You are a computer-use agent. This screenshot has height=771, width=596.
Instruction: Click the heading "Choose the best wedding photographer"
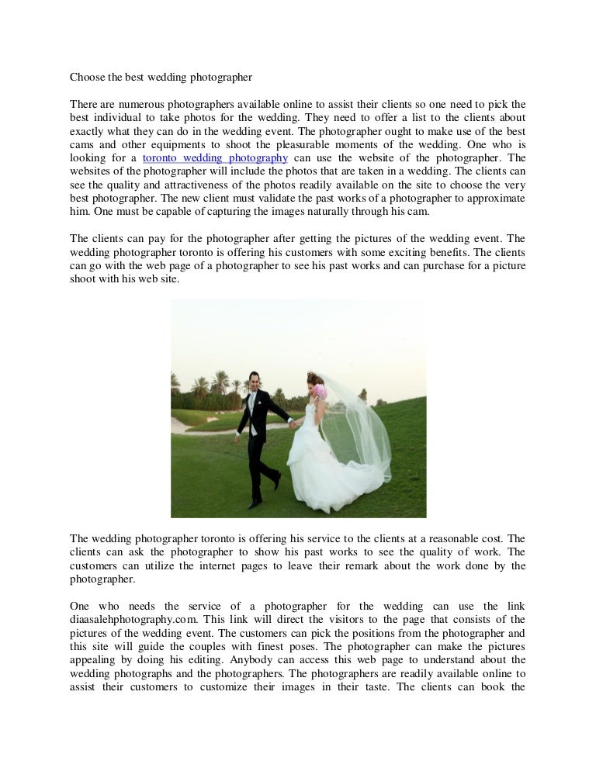coord(161,78)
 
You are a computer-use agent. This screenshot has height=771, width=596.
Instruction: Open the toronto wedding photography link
coord(216,157)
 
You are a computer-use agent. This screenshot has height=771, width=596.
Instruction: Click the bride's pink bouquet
coord(320,392)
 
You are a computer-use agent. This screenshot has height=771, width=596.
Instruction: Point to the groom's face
coord(255,382)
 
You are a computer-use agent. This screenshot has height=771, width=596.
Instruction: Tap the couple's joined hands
coord(293,424)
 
